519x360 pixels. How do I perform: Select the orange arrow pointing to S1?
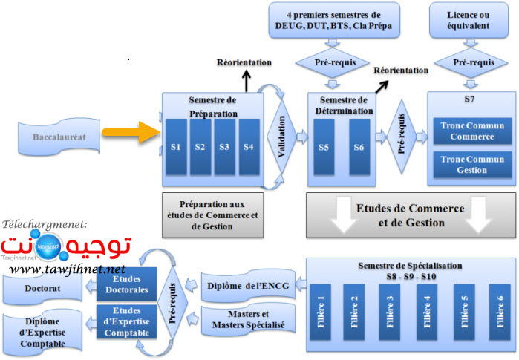pyautogui.click(x=131, y=134)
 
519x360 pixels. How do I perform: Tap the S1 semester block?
pyautogui.click(x=176, y=146)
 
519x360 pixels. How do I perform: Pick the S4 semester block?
pyautogui.click(x=248, y=146)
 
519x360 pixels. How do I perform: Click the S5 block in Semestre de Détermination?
pyautogui.click(x=324, y=148)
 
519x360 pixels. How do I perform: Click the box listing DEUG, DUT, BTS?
pyautogui.click(x=333, y=20)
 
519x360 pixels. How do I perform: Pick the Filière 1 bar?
pyautogui.click(x=322, y=307)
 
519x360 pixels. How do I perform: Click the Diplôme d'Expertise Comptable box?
pyautogui.click(x=45, y=332)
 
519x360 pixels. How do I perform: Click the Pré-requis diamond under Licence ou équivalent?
pyautogui.click(x=471, y=64)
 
